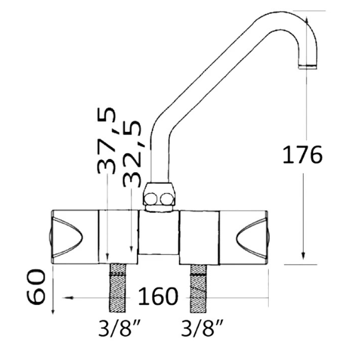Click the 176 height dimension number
tap(302, 155)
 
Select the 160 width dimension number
tap(158, 296)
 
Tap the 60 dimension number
tap(36, 287)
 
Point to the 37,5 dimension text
tap(106, 140)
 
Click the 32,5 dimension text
tap(131, 154)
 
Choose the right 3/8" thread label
tap(202, 328)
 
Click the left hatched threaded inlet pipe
tap(118, 288)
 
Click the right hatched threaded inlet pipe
tap(199, 289)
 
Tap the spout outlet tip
tap(308, 67)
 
